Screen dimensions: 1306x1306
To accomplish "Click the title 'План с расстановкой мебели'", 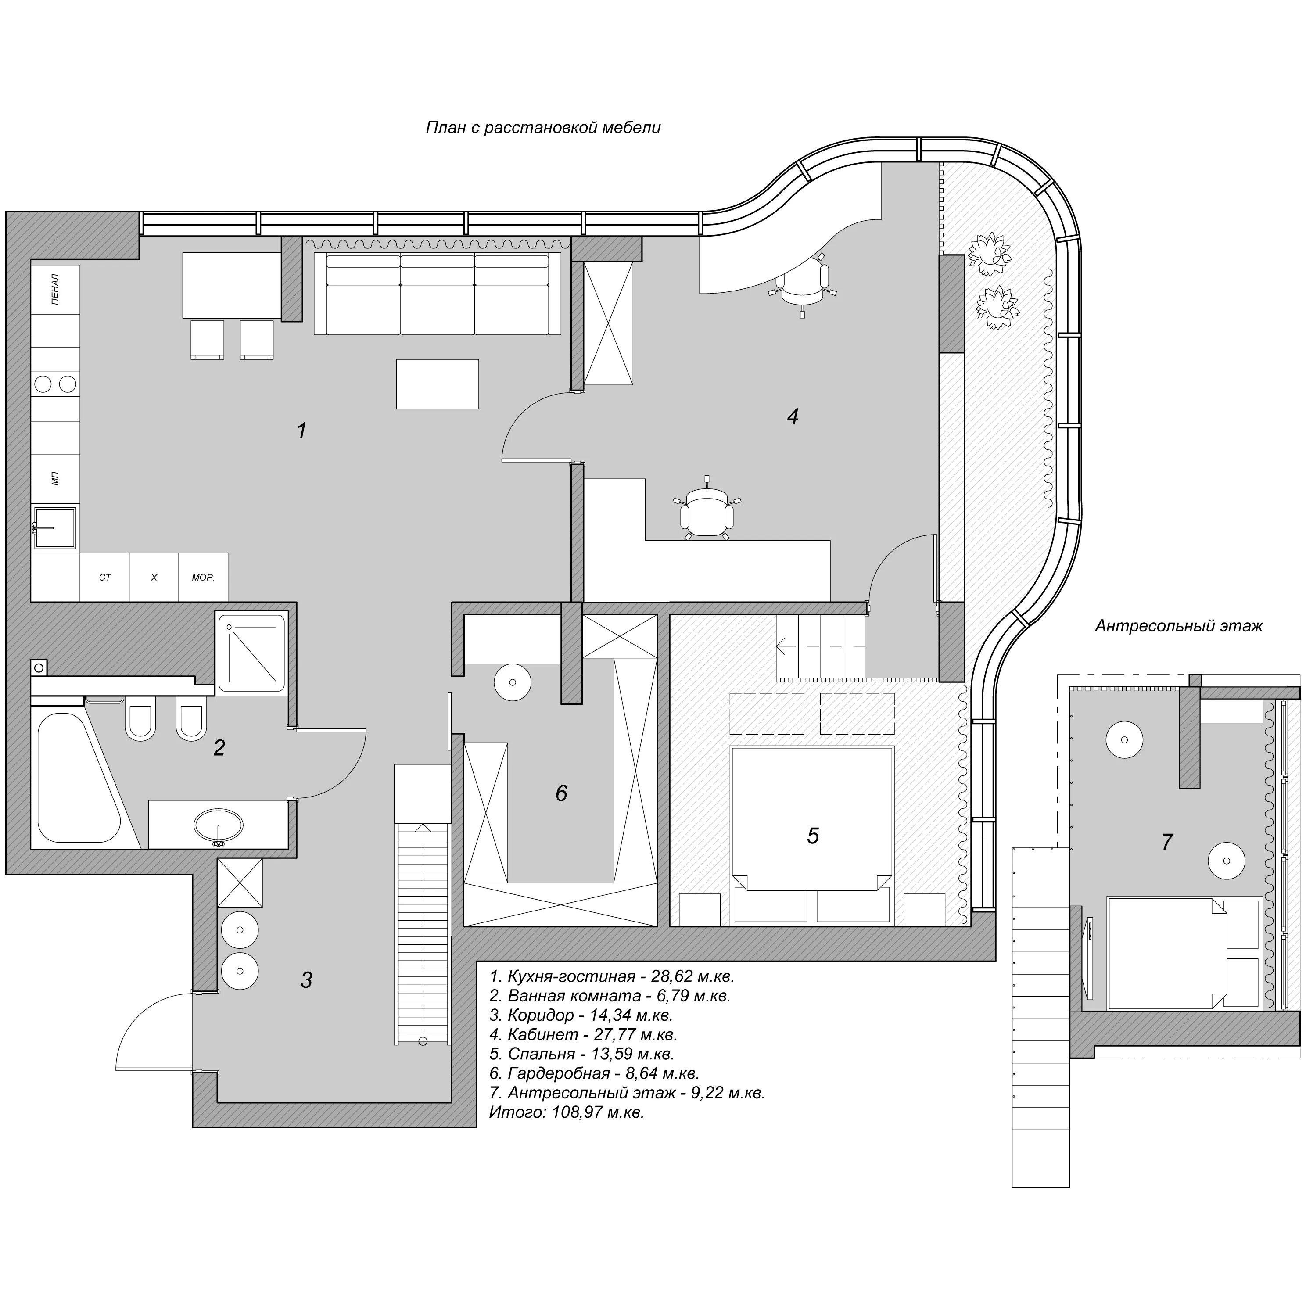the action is click(543, 128).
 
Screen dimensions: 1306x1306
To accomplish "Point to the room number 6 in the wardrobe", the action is click(561, 793).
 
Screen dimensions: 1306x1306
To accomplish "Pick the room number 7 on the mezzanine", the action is click(1167, 842).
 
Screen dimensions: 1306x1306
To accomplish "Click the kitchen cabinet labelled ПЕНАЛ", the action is click(55, 289).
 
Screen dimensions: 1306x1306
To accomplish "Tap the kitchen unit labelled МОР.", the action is click(203, 577).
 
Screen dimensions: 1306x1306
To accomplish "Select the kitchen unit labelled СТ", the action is click(105, 577).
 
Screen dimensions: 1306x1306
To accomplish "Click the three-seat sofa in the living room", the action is click(438, 294).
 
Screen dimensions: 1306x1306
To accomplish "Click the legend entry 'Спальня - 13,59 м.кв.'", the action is click(581, 1054).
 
